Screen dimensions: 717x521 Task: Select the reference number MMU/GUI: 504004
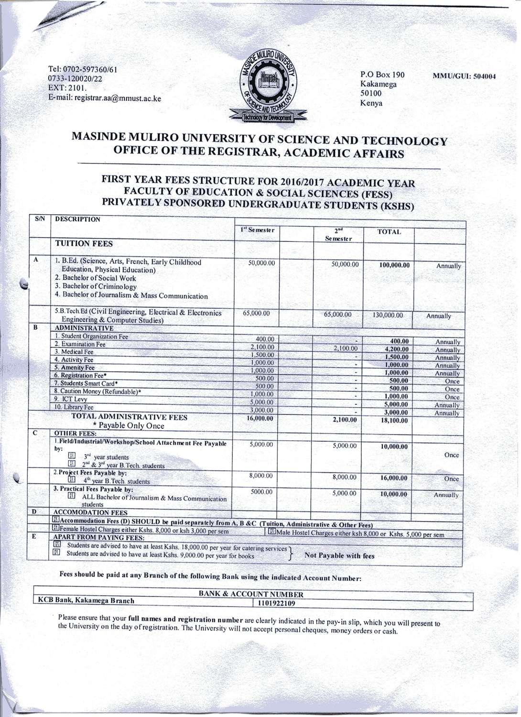click(x=464, y=76)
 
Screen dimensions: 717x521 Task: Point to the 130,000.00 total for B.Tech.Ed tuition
click(x=387, y=315)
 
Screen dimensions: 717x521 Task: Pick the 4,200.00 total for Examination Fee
click(x=396, y=349)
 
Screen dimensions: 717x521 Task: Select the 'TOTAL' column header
click(x=389, y=232)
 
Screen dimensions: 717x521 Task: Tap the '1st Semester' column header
click(x=258, y=230)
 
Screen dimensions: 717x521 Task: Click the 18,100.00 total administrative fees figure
click(x=394, y=421)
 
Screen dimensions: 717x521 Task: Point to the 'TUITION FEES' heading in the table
click(x=84, y=244)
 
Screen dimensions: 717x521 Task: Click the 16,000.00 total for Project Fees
click(x=394, y=478)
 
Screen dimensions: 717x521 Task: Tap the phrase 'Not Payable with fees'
click(x=339, y=556)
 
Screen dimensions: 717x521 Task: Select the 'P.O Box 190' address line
click(x=382, y=75)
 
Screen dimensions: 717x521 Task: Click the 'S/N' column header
click(x=40, y=219)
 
